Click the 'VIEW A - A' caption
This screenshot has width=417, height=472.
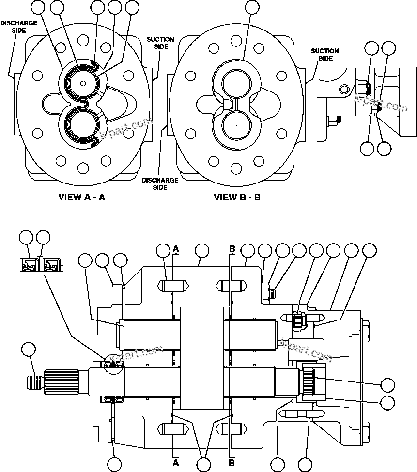point(82,197)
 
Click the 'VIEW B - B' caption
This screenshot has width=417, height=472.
point(237,197)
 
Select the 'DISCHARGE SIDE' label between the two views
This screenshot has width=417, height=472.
point(160,183)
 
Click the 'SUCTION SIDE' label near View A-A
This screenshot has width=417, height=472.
point(160,43)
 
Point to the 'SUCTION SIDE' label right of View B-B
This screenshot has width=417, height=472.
point(324,54)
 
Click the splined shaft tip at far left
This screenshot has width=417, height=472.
point(34,381)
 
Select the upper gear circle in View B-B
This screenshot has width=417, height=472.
point(236,85)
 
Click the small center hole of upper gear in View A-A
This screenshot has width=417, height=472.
point(83,83)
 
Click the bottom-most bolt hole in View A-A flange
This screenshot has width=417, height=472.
point(83,168)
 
